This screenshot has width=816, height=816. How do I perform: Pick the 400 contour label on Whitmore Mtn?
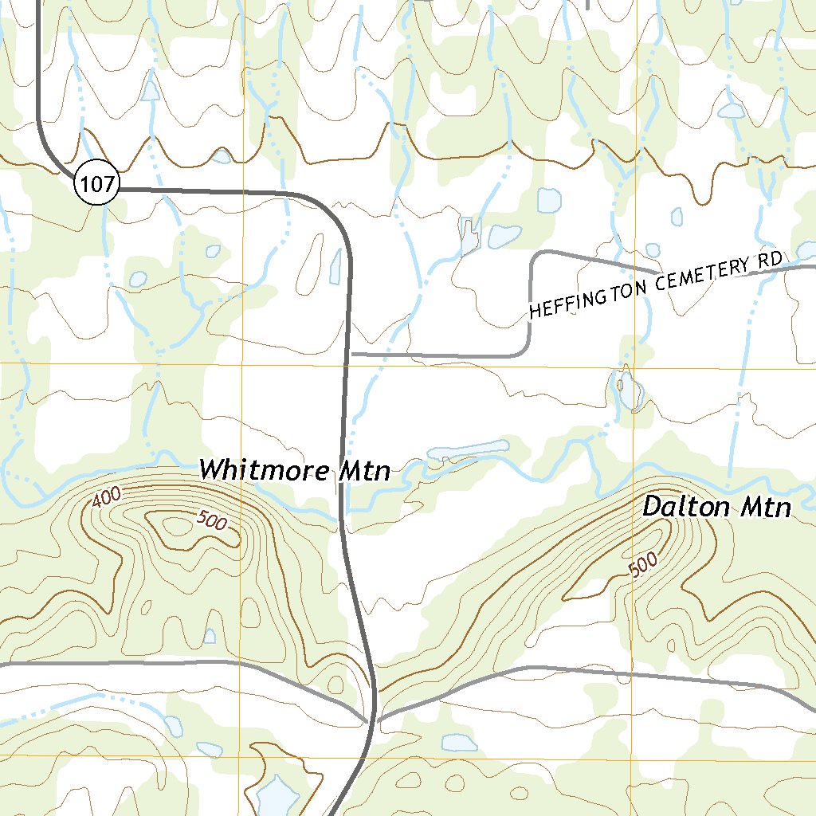click(x=106, y=498)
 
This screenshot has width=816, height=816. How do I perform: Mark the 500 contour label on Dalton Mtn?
click(x=643, y=564)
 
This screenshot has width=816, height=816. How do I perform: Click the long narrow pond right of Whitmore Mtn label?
click(x=468, y=450)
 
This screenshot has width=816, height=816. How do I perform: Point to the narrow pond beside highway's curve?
click(x=335, y=266)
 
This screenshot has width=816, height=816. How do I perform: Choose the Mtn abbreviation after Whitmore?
click(x=365, y=471)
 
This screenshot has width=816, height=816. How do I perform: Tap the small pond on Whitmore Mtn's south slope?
click(x=209, y=635)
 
